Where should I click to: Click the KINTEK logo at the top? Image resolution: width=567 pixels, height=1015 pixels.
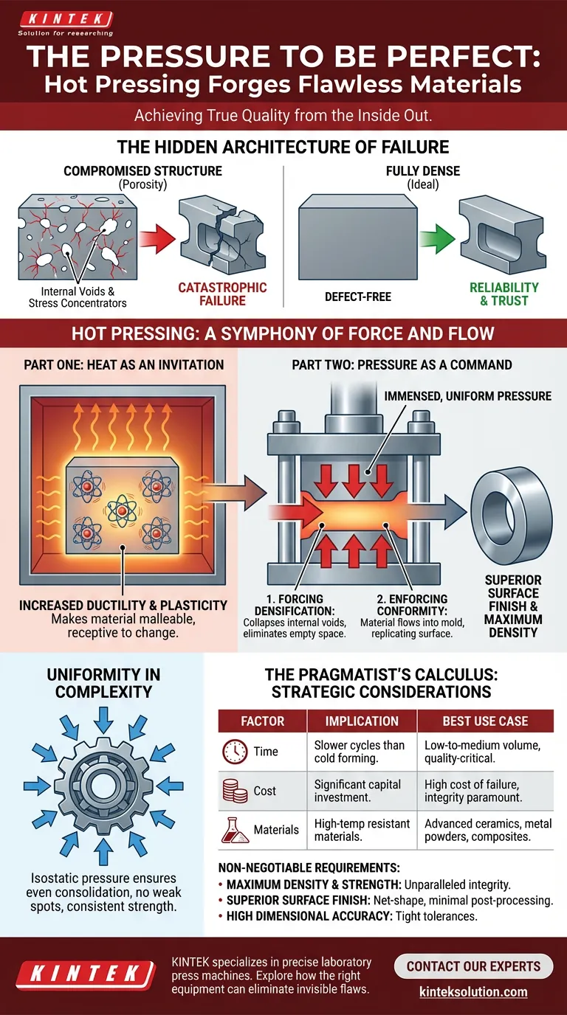[x=65, y=20]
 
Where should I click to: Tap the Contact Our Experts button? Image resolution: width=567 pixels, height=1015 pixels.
[x=473, y=966]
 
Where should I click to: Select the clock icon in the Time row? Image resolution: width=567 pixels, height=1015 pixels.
[x=235, y=752]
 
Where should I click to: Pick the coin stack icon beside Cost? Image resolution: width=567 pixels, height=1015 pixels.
[x=235, y=791]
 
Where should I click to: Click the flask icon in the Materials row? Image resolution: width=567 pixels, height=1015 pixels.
[x=235, y=830]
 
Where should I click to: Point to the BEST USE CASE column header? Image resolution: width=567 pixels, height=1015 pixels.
[x=485, y=721]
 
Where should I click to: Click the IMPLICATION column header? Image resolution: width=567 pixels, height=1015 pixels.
[x=362, y=721]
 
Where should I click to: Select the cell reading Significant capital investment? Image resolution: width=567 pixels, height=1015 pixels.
[x=360, y=791]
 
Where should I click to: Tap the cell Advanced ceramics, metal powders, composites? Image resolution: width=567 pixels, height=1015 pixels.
[x=487, y=830]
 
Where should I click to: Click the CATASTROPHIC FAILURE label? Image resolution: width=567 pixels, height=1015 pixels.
[x=222, y=294]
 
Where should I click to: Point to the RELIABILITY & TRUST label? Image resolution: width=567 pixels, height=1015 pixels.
[x=504, y=294]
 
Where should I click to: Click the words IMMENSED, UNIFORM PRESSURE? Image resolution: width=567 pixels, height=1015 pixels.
[x=467, y=396]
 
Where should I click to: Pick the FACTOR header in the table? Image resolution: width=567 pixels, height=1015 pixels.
[x=263, y=721]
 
